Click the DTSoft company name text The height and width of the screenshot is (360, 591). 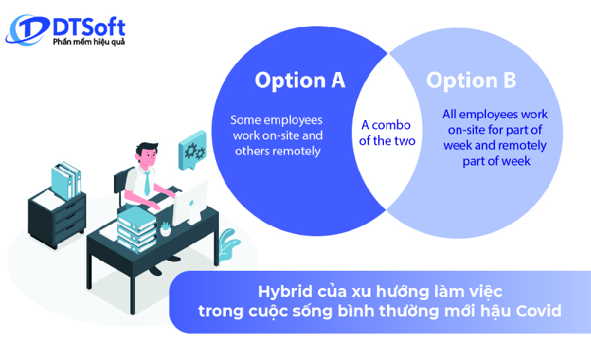pos(88,27)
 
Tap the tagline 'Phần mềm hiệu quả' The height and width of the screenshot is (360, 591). pos(88,43)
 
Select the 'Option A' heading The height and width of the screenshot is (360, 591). pos(300,80)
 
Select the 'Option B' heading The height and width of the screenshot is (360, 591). pos(471,80)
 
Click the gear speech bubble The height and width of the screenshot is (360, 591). pos(192,151)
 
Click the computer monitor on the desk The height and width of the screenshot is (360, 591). pos(190,200)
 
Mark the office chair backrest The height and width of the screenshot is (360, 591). pos(120,184)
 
